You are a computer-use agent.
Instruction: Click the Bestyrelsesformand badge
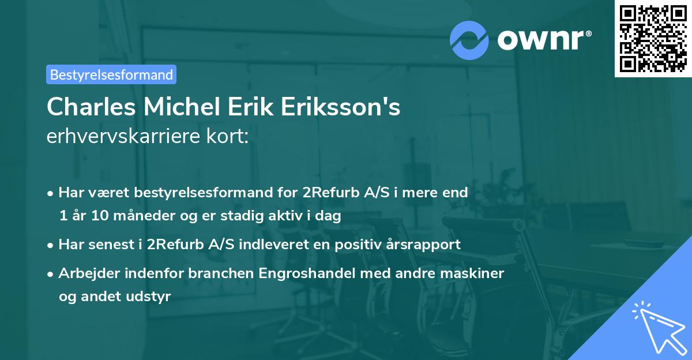tap(111, 74)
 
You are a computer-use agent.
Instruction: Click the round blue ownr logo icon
tap(469, 40)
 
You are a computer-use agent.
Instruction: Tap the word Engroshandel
tap(314, 273)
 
